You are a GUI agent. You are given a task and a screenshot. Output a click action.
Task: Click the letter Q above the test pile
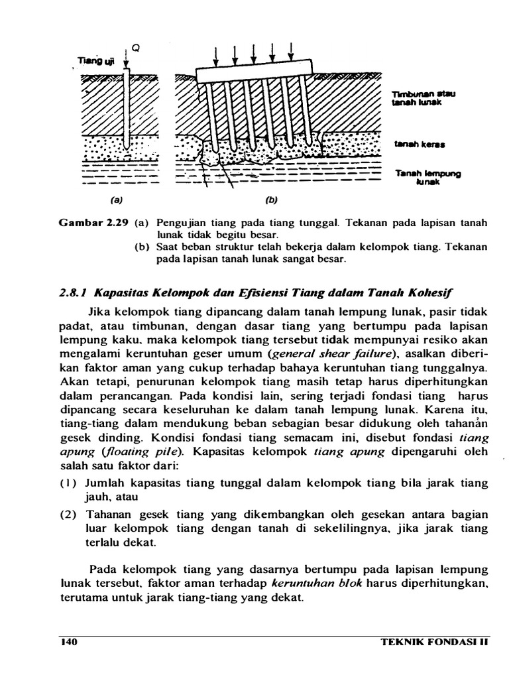[x=135, y=48]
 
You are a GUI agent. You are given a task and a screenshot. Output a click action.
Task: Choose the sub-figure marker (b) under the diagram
[x=271, y=198]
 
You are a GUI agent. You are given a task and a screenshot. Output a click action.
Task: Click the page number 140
[x=69, y=642]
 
